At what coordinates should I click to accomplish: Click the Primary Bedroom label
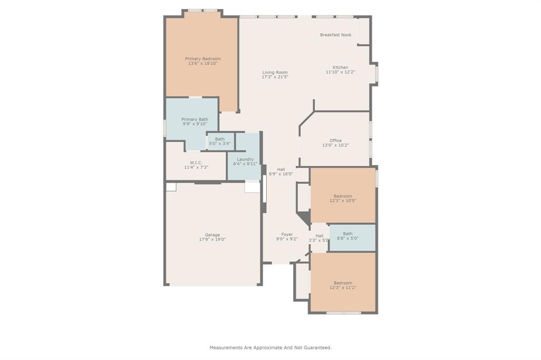(x=203, y=59)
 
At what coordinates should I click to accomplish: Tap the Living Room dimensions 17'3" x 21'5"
(x=275, y=77)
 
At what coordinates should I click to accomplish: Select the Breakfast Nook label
(x=335, y=35)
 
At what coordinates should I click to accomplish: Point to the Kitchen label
(x=340, y=67)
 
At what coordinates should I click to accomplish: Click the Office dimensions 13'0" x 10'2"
(x=335, y=145)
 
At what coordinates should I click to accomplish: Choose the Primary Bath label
(x=195, y=119)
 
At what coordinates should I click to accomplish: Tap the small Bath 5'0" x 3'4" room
(x=221, y=141)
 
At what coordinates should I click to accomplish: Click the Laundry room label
(x=245, y=159)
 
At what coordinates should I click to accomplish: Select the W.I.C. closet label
(x=196, y=163)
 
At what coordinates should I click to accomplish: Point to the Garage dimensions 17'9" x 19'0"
(x=212, y=239)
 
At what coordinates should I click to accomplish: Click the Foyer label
(x=287, y=234)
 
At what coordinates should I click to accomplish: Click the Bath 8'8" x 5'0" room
(x=352, y=238)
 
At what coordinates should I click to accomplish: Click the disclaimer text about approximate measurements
(x=270, y=347)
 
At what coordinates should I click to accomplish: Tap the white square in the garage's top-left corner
(x=171, y=187)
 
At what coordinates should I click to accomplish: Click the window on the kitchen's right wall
(x=377, y=73)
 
